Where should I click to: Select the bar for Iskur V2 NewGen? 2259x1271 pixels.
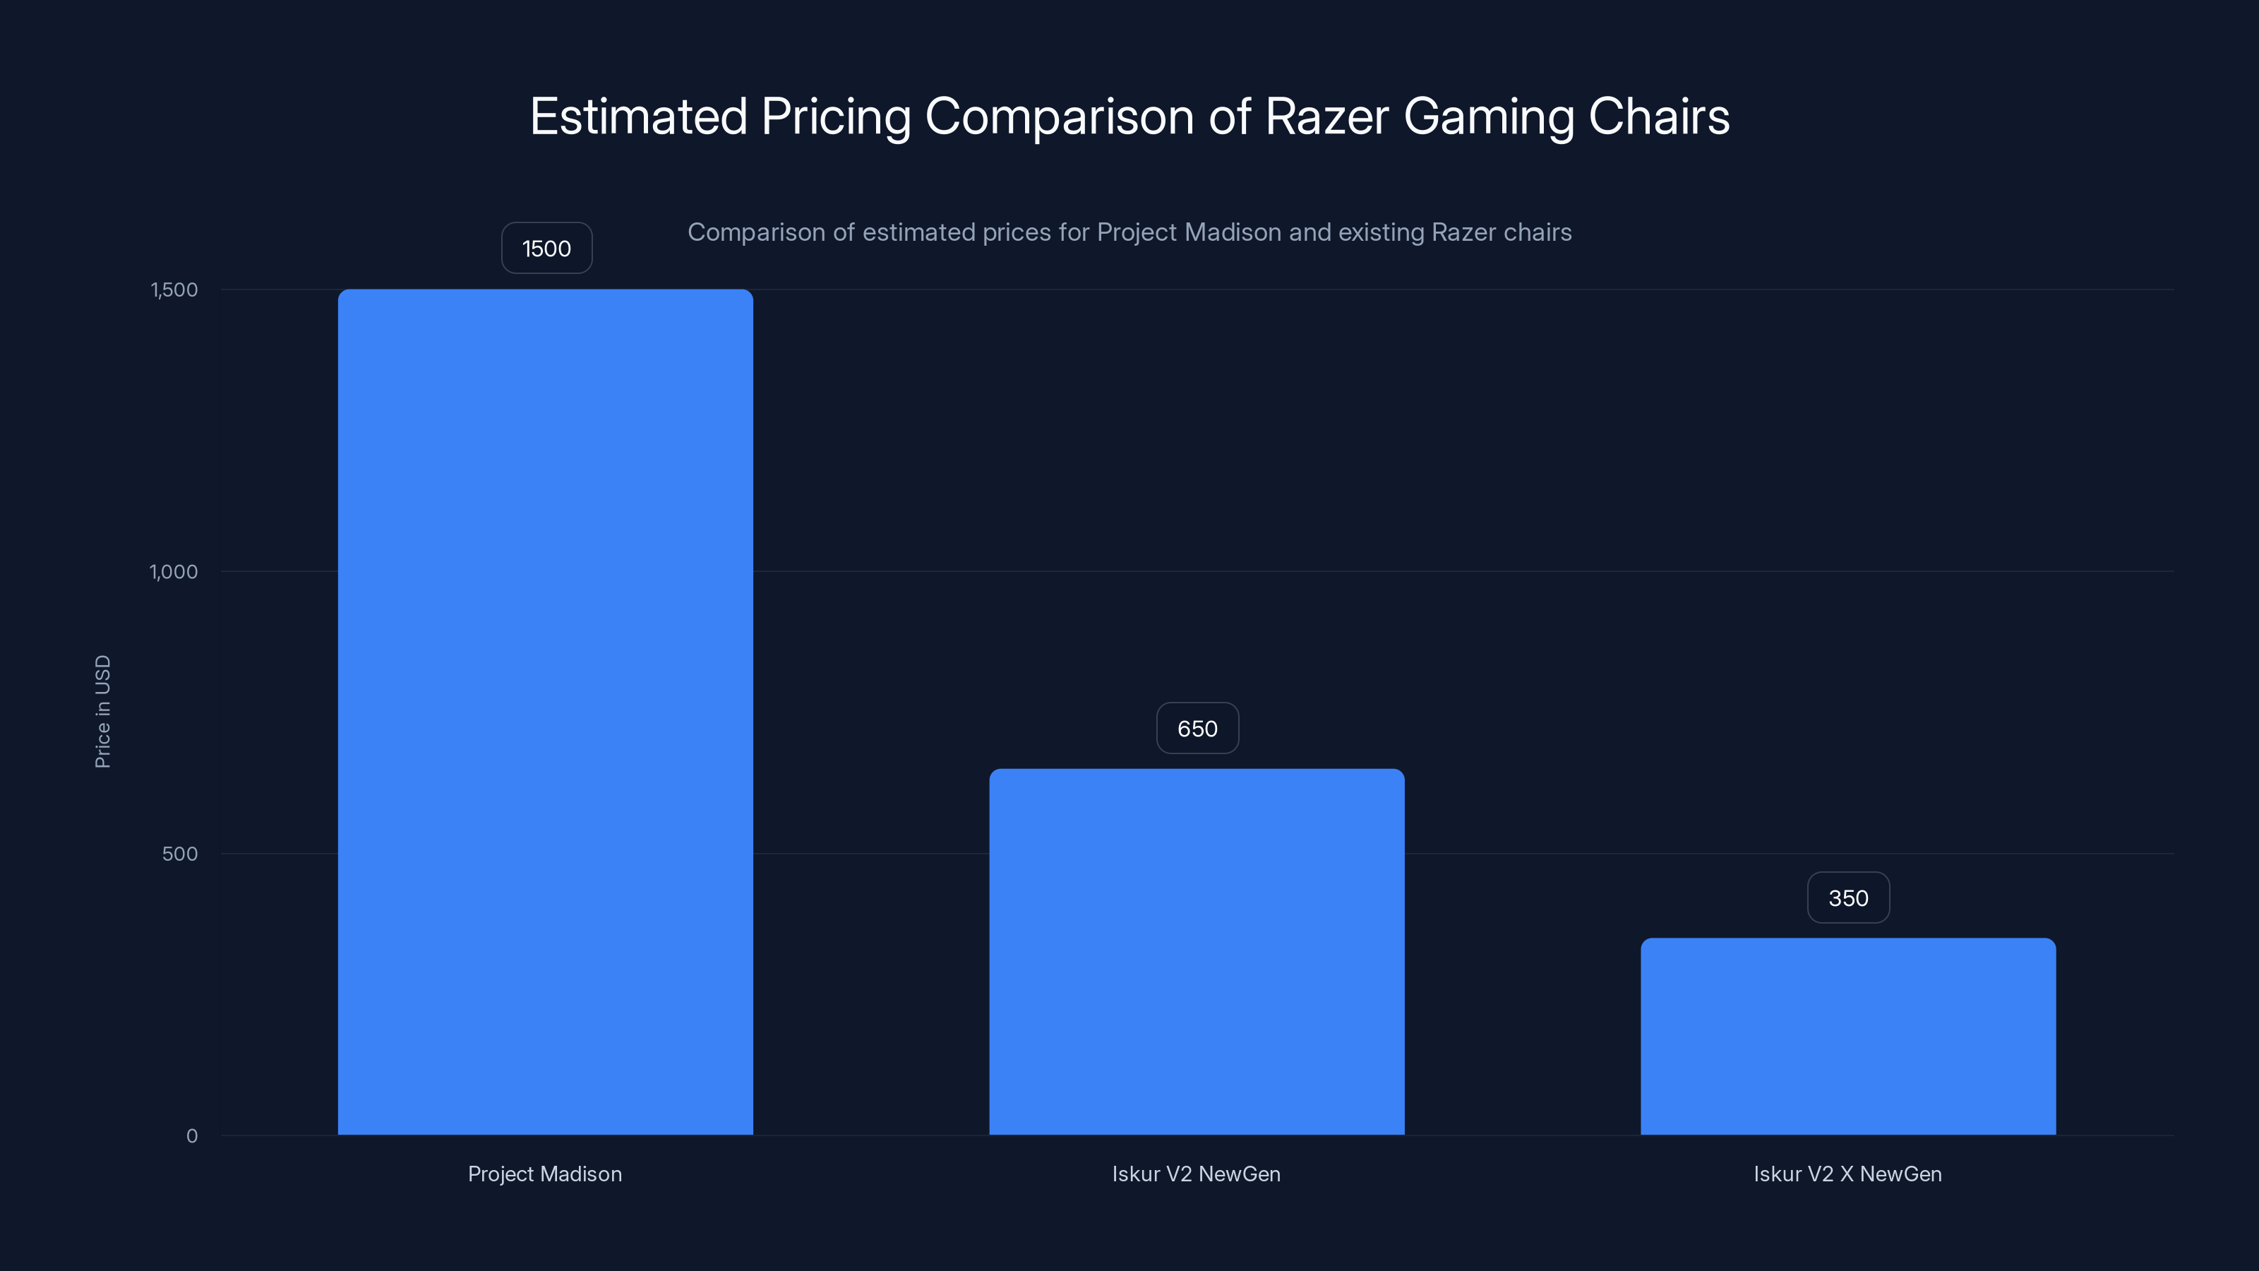[1196, 952]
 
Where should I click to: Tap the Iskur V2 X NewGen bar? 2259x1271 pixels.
[1847, 1036]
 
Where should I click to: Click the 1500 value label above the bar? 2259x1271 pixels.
[546, 249]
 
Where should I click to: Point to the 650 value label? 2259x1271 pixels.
[1197, 728]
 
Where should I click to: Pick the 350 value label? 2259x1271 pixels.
[1847, 897]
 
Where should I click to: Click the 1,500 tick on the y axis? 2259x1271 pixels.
[174, 290]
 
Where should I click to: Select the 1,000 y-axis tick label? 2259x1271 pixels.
[174, 572]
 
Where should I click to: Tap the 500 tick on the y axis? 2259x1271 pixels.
[180, 854]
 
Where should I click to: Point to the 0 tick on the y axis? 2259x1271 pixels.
[192, 1136]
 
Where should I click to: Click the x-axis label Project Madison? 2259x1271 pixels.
[544, 1174]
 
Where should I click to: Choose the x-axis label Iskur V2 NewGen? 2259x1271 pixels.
[1196, 1174]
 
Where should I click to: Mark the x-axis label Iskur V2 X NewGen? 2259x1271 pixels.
[1847, 1174]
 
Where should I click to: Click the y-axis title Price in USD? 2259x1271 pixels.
[102, 711]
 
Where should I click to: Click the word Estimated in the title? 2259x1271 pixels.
[637, 117]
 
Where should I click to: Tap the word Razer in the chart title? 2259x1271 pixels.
[1326, 117]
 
